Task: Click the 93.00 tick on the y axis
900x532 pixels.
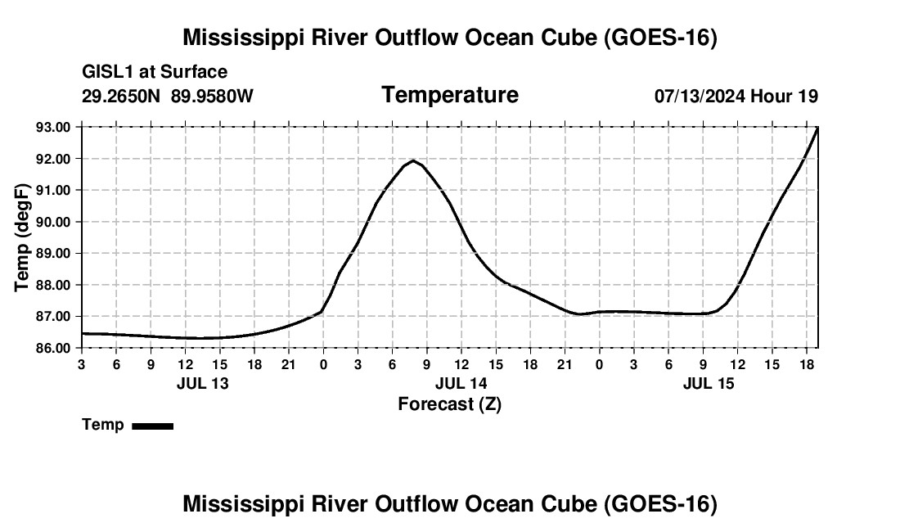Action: coord(53,128)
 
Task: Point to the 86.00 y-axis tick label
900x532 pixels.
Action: coord(53,349)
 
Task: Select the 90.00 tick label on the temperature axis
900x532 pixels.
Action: coord(53,222)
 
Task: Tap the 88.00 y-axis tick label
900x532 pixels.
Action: coord(53,285)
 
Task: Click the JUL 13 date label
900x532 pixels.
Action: coord(203,383)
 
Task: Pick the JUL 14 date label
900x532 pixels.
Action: coord(461,383)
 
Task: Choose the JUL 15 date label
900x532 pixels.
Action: coord(709,383)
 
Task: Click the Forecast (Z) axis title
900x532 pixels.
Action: coord(450,404)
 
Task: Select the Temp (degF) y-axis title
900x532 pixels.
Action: coord(22,237)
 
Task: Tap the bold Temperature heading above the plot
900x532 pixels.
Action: coord(450,95)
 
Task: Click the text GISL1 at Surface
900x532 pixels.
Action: coord(155,72)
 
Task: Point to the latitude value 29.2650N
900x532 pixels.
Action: coord(120,96)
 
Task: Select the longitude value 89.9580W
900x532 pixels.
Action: coord(212,96)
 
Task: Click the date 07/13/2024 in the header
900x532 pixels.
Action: coord(700,96)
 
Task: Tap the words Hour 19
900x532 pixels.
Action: coord(784,96)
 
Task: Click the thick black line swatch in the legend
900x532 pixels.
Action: coord(153,426)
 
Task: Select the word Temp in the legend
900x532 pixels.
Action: coord(103,425)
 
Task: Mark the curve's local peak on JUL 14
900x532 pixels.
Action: coord(412,160)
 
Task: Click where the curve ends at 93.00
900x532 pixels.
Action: coord(817,128)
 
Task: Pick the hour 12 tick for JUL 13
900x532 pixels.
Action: coord(186,364)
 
